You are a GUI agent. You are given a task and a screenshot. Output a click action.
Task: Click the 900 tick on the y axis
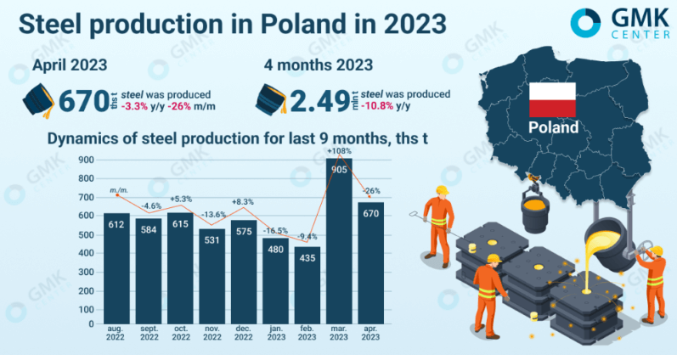86,160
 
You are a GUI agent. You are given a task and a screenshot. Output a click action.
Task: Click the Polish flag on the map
553,99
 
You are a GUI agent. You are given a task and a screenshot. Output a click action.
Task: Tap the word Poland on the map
553,128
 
